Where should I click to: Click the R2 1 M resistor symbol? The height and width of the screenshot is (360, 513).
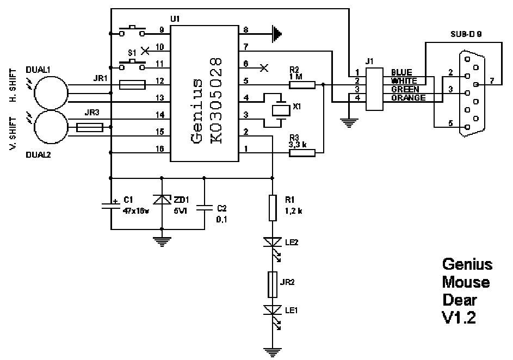point(302,85)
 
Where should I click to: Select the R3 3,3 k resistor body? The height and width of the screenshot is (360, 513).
point(302,153)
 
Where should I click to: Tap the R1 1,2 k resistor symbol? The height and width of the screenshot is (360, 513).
point(273,208)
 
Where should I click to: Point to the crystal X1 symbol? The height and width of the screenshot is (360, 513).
point(281,110)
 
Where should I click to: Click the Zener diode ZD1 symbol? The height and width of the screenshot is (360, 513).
point(162,200)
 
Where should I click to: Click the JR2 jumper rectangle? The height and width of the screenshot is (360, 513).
point(273,284)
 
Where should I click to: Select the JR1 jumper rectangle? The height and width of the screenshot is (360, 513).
point(132,85)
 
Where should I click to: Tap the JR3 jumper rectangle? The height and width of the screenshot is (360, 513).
point(90,127)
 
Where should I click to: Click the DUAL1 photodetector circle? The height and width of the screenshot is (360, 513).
point(51,93)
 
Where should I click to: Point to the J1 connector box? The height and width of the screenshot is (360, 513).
point(375,89)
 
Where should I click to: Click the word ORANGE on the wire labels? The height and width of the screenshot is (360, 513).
point(409,98)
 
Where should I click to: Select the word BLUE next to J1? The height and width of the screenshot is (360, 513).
point(402,72)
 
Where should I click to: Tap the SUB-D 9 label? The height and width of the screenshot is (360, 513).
point(466,34)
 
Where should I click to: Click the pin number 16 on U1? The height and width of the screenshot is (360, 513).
point(159,149)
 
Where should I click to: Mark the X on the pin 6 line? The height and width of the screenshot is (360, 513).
point(264,68)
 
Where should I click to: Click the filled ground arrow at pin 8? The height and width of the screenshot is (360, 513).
point(277,34)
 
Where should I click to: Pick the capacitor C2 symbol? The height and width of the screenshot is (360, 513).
point(205,208)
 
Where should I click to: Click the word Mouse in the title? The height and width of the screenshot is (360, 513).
point(466,282)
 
